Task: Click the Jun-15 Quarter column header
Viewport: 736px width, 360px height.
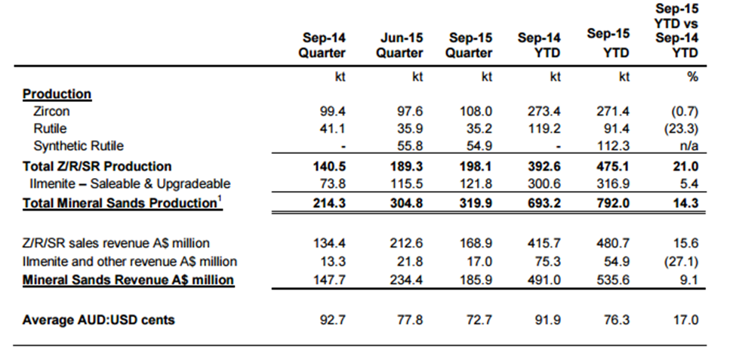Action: pos(399,45)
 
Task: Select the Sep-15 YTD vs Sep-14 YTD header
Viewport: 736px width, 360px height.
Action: pos(676,30)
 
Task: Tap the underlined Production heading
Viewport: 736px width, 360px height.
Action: pos(57,94)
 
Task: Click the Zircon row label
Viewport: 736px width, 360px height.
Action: pos(51,111)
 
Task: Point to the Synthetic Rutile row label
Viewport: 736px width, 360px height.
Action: pos(79,146)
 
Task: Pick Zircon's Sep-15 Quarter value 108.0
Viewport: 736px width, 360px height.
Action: pos(476,111)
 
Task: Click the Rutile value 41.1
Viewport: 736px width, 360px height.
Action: pos(333,128)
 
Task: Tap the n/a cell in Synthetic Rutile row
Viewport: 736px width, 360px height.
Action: pos(689,146)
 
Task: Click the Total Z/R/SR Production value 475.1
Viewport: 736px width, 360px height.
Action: pos(612,167)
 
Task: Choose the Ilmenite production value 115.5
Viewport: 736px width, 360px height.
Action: pos(406,183)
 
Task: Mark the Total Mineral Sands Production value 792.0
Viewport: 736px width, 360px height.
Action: pos(612,203)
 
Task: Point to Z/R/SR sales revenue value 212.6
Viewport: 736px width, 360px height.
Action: pos(406,243)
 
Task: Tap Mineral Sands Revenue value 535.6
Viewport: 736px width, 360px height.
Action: pos(612,280)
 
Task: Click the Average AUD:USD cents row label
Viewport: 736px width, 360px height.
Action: pos(99,320)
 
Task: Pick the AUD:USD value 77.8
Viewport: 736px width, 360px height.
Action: pos(410,320)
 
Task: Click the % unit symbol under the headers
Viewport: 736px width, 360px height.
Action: pos(692,77)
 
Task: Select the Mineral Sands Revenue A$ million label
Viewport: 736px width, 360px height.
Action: pos(128,280)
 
